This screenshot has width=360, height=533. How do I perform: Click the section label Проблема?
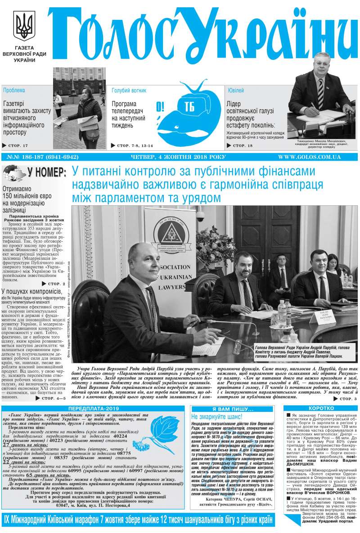(14, 90)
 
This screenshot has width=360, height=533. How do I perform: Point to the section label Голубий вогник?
(129, 90)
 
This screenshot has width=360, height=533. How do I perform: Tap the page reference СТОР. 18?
(246, 145)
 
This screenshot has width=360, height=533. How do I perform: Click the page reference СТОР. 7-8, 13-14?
(135, 145)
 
